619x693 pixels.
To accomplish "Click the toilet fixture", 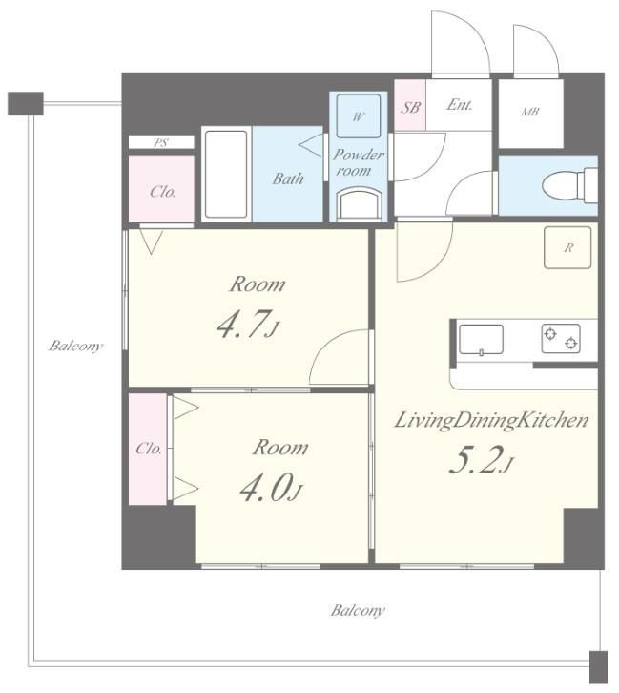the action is pyautogui.click(x=571, y=185).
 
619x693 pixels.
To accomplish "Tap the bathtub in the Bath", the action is pyautogui.click(x=226, y=174).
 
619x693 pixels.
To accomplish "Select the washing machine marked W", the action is pyautogui.click(x=358, y=116).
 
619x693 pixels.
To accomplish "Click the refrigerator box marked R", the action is pyautogui.click(x=567, y=247).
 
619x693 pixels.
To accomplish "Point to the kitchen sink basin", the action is pyautogui.click(x=481, y=340).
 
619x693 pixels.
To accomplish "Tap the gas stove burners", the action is pyautogui.click(x=561, y=339).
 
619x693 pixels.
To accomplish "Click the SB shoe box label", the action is pyautogui.click(x=410, y=107).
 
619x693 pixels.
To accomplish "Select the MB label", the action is pyautogui.click(x=529, y=112).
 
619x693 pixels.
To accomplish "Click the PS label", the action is pyautogui.click(x=161, y=142).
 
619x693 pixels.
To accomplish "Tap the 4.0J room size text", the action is pyautogui.click(x=272, y=488).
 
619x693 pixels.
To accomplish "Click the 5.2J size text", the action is pyautogui.click(x=481, y=460).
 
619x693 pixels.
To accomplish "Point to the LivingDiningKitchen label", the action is pyautogui.click(x=491, y=420).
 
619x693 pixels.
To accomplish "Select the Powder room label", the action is pyautogui.click(x=358, y=162).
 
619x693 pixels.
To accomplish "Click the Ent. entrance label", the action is pyautogui.click(x=460, y=105).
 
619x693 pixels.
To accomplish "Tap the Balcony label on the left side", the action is pyautogui.click(x=75, y=346).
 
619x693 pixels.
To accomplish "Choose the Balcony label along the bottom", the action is pyautogui.click(x=358, y=611).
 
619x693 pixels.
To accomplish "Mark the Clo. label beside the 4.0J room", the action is pyautogui.click(x=149, y=449).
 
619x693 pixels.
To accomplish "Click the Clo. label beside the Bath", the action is pyautogui.click(x=163, y=191).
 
